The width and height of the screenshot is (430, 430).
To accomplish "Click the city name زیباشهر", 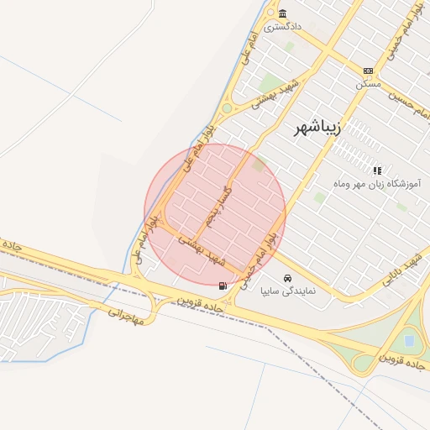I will (x=316, y=128).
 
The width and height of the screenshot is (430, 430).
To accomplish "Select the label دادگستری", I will (x=283, y=27).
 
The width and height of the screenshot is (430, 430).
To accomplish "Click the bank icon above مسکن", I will (x=368, y=71).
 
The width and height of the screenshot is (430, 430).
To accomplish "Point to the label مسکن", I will (x=368, y=84).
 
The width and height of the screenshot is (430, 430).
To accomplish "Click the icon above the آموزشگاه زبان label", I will (x=377, y=170).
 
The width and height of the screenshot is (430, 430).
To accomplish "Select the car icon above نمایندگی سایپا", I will (x=287, y=278).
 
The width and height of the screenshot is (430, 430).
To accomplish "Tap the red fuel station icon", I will (x=223, y=286).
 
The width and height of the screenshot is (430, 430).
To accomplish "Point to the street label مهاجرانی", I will (x=126, y=315).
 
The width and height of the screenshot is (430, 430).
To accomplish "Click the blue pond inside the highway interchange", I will (x=409, y=341).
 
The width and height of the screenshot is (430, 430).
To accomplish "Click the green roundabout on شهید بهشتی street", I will (x=227, y=107).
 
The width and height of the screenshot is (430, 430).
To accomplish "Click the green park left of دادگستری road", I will (x=270, y=83).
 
